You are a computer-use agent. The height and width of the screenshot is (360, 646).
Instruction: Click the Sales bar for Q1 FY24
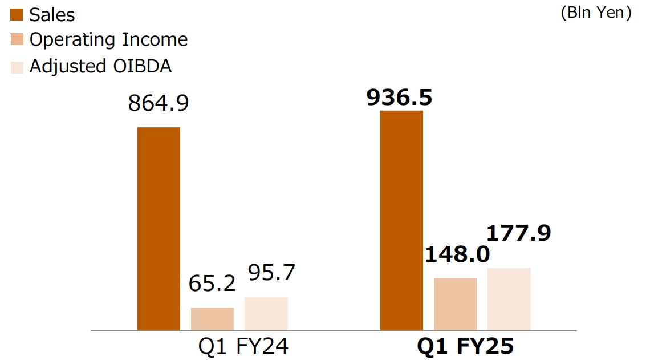[159, 228]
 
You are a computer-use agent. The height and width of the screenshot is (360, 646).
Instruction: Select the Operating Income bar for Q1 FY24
[212, 318]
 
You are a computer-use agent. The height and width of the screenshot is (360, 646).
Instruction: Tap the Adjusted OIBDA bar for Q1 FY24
[266, 313]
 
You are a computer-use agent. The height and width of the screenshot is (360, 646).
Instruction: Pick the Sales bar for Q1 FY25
[401, 220]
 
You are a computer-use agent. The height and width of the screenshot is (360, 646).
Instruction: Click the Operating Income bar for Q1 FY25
[455, 304]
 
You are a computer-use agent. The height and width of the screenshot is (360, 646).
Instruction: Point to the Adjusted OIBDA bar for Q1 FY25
[509, 299]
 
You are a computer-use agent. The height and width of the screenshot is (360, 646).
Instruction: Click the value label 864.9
[159, 103]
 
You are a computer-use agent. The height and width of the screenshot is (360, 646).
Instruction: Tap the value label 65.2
[212, 284]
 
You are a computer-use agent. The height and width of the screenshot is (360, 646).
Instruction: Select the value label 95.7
[271, 273]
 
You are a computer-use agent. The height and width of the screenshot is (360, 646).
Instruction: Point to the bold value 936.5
[399, 98]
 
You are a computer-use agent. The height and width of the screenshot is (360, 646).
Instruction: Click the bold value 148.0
[457, 254]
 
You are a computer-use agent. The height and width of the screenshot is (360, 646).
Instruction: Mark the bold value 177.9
[519, 233]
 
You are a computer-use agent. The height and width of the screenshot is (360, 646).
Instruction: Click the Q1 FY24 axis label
[243, 346]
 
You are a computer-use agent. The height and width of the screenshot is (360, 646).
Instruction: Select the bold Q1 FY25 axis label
[465, 346]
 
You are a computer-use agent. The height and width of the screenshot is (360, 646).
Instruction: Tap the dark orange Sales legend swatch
[17, 15]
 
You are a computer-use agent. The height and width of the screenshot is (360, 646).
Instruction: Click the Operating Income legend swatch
[17, 40]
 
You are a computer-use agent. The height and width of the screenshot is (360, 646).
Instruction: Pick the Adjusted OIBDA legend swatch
[17, 66]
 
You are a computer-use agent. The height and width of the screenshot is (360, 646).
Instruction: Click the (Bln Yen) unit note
[596, 13]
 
